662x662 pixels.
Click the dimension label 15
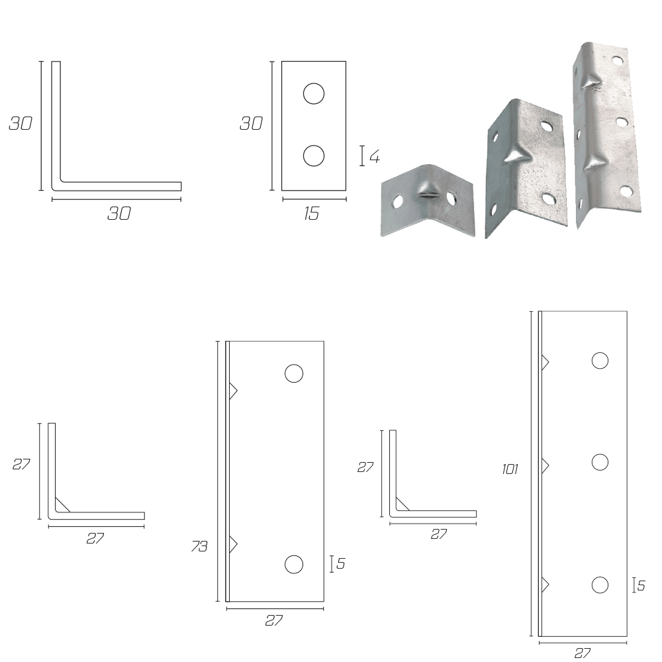(311, 214)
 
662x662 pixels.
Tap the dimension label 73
(199, 546)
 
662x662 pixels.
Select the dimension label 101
(510, 469)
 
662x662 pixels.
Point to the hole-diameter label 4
(375, 157)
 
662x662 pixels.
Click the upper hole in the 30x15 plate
(314, 93)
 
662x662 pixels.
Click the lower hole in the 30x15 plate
(314, 156)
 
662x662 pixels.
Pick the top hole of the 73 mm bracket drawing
(294, 373)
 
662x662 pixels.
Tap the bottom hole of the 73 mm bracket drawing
(294, 565)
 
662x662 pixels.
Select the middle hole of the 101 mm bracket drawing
(600, 462)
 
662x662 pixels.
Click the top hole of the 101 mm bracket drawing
(600, 361)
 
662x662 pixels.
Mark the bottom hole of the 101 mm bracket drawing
(600, 585)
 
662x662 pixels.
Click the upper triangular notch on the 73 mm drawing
(232, 391)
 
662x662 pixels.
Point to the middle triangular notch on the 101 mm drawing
(545, 465)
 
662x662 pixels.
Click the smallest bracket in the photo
(428, 201)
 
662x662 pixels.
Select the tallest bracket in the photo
(606, 134)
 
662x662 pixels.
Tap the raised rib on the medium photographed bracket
(518, 154)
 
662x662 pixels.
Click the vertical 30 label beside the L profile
(21, 123)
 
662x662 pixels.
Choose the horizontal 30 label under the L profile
(118, 214)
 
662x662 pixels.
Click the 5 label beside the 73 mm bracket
(341, 563)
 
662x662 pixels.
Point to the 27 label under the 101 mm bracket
(582, 653)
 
